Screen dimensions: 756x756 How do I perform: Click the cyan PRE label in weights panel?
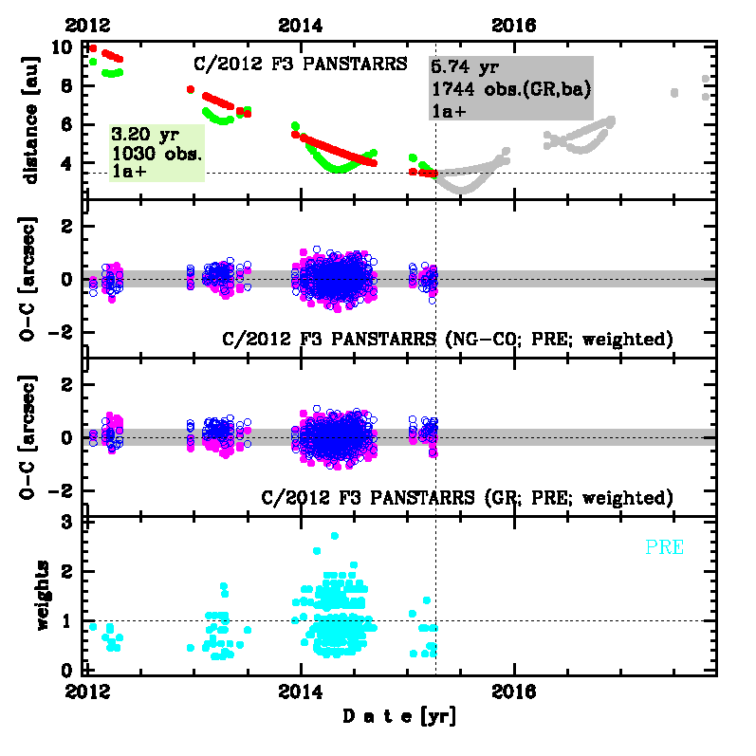click(664, 547)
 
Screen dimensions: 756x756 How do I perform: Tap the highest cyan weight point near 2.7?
click(334, 536)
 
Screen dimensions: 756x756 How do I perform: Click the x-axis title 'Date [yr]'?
click(398, 717)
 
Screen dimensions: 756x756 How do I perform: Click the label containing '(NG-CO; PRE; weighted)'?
click(447, 339)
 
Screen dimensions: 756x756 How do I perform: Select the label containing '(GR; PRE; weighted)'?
click(466, 497)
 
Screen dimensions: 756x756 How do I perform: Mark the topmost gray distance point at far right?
click(705, 80)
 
